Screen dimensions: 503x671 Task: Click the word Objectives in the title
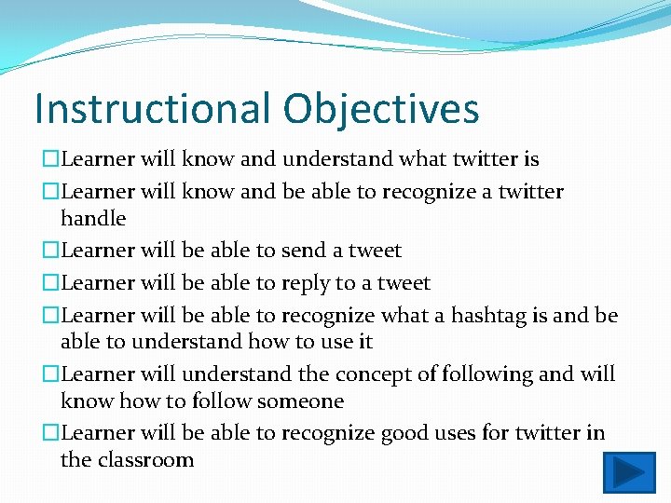coord(381,108)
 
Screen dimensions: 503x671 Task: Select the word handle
coord(93,218)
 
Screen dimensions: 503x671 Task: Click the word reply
coord(305,283)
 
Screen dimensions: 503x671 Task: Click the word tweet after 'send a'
coord(374,251)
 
